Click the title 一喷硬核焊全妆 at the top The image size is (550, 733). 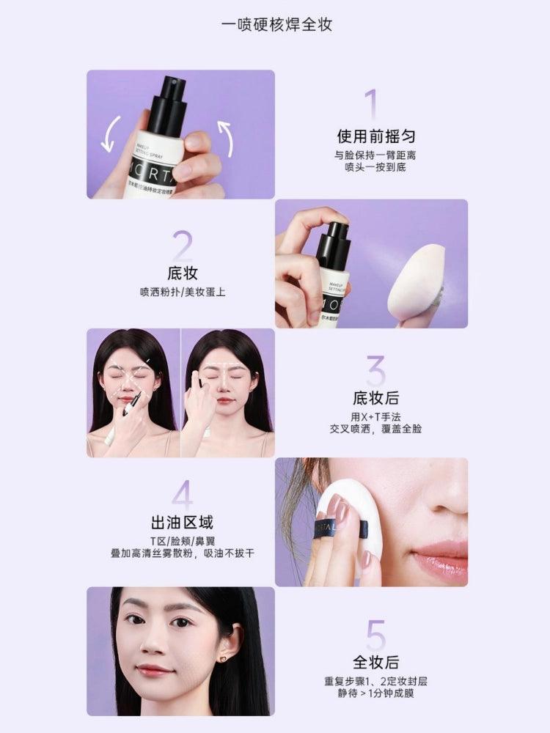(x=276, y=24)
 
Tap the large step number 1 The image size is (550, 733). (x=370, y=105)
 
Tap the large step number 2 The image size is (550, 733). (x=182, y=246)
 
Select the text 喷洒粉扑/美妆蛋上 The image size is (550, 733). (x=183, y=292)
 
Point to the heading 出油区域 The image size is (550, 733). (x=182, y=523)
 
